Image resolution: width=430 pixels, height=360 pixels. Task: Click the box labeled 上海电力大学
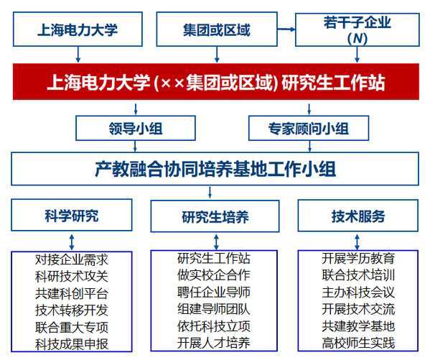(x=78, y=29)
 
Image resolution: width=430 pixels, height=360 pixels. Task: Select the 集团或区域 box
(x=217, y=29)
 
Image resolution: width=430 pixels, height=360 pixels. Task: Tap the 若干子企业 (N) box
(x=357, y=29)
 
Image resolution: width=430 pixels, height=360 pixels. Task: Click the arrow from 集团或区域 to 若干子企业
(x=286, y=29)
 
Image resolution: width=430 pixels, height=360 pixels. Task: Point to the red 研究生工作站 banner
(x=216, y=81)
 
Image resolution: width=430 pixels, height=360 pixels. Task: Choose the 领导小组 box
(x=136, y=128)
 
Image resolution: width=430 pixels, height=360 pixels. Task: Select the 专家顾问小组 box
(x=309, y=128)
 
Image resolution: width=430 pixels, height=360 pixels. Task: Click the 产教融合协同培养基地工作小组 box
(x=215, y=169)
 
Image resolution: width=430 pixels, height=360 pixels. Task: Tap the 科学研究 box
(x=72, y=215)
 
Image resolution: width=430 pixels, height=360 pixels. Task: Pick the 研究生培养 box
(x=215, y=216)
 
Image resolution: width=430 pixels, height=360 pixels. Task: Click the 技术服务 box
(x=358, y=216)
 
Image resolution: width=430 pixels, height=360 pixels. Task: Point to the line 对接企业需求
(x=72, y=259)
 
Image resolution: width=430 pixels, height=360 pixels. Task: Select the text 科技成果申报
(x=72, y=344)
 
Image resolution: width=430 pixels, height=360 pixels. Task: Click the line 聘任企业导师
(x=214, y=292)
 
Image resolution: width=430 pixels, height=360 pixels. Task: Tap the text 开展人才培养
(x=214, y=343)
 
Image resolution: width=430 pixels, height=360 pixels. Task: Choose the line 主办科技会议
(x=358, y=292)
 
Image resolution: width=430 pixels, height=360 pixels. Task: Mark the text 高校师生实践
(x=358, y=343)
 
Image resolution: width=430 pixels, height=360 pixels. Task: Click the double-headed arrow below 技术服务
(x=357, y=242)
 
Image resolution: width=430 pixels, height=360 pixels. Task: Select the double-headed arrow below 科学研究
(x=72, y=242)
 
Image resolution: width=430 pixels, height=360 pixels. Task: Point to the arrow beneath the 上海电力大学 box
(x=78, y=55)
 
